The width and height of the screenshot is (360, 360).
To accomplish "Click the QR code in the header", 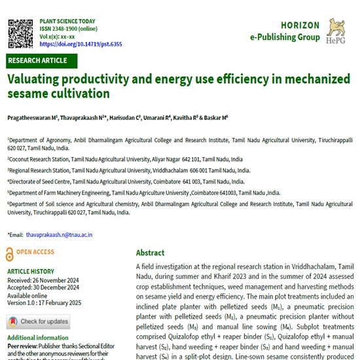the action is point(20,33).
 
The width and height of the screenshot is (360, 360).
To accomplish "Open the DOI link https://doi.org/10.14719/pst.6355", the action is point(81,45).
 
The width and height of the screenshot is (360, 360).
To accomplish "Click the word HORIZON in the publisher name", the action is point(295,25).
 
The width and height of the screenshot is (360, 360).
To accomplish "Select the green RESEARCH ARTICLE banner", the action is point(38,61).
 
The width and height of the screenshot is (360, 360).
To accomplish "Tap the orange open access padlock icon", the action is point(9,252).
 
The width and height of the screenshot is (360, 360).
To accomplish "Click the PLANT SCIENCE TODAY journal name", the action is point(73,21).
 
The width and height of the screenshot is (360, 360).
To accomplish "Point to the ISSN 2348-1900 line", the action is point(69,29).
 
